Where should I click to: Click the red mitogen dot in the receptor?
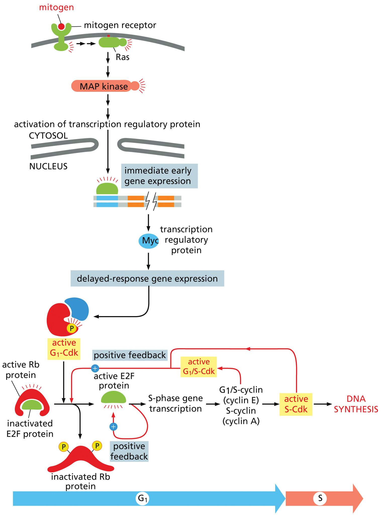[61, 26]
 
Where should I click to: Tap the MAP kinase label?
[104, 86]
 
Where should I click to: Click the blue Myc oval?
[149, 241]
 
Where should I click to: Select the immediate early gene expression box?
[159, 176]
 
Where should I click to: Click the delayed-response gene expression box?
[147, 279]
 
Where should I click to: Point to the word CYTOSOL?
[48, 136]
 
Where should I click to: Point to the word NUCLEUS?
[48, 166]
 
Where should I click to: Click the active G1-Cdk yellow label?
[64, 348]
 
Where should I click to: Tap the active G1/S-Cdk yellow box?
[199, 367]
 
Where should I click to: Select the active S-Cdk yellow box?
[296, 404]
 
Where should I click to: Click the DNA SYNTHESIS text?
[356, 404]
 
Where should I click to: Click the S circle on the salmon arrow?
[320, 498]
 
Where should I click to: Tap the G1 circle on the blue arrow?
[142, 498]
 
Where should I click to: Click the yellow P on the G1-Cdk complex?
[72, 328]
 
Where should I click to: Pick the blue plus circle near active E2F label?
[95, 369]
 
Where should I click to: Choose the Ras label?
[122, 57]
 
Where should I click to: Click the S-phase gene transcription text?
[175, 404]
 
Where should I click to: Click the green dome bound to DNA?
[107, 189]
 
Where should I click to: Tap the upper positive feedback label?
[130, 355]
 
